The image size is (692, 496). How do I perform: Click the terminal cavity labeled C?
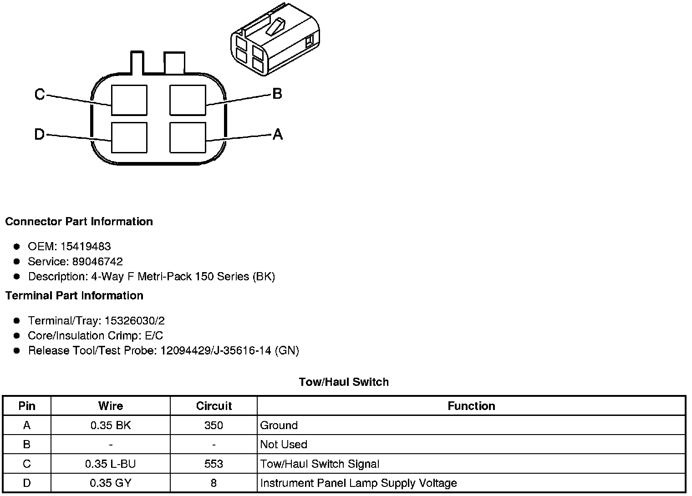click(x=129, y=100)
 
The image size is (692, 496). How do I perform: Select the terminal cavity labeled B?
click(x=188, y=100)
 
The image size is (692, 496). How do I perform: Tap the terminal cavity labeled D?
click(x=129, y=137)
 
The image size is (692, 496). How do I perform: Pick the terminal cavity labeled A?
click(x=188, y=137)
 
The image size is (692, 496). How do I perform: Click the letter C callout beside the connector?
click(x=40, y=95)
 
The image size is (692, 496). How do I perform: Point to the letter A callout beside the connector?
click(x=277, y=134)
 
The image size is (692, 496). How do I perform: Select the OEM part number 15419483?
click(x=86, y=247)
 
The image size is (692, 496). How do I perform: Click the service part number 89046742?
click(x=97, y=262)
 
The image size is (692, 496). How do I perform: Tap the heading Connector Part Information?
click(x=79, y=222)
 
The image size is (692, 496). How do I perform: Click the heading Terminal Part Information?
click(x=74, y=296)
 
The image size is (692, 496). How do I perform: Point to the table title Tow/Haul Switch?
click(x=344, y=382)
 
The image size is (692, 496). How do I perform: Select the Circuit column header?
click(x=214, y=406)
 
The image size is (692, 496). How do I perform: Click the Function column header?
click(x=471, y=406)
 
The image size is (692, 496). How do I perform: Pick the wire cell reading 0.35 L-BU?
click(x=111, y=464)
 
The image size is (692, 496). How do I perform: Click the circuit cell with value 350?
click(x=214, y=425)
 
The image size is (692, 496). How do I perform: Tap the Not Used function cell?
click(x=284, y=445)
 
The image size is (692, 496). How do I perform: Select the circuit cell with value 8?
click(x=214, y=483)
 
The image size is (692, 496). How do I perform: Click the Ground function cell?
click(x=279, y=425)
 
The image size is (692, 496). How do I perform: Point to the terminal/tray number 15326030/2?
click(x=135, y=321)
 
